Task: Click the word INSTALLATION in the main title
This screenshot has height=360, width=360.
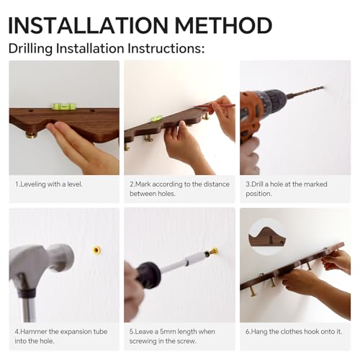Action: [x=88, y=25]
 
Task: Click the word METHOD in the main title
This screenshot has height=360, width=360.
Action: [x=224, y=25]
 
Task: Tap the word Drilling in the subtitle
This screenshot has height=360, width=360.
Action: [x=30, y=49]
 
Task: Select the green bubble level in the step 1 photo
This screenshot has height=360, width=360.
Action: [x=63, y=106]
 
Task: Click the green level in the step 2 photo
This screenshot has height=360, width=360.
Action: [x=156, y=118]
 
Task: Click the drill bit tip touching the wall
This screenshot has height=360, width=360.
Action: [x=323, y=87]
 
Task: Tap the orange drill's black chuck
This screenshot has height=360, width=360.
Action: [x=274, y=101]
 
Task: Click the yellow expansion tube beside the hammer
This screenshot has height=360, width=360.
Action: [x=96, y=251]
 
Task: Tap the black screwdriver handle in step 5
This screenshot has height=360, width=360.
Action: [x=148, y=272]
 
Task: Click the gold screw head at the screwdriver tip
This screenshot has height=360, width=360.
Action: [x=213, y=251]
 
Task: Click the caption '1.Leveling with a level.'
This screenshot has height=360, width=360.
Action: [x=49, y=184]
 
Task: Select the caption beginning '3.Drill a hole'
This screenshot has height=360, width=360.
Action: [x=287, y=189]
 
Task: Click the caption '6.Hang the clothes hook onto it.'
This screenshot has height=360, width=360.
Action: [x=294, y=332]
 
